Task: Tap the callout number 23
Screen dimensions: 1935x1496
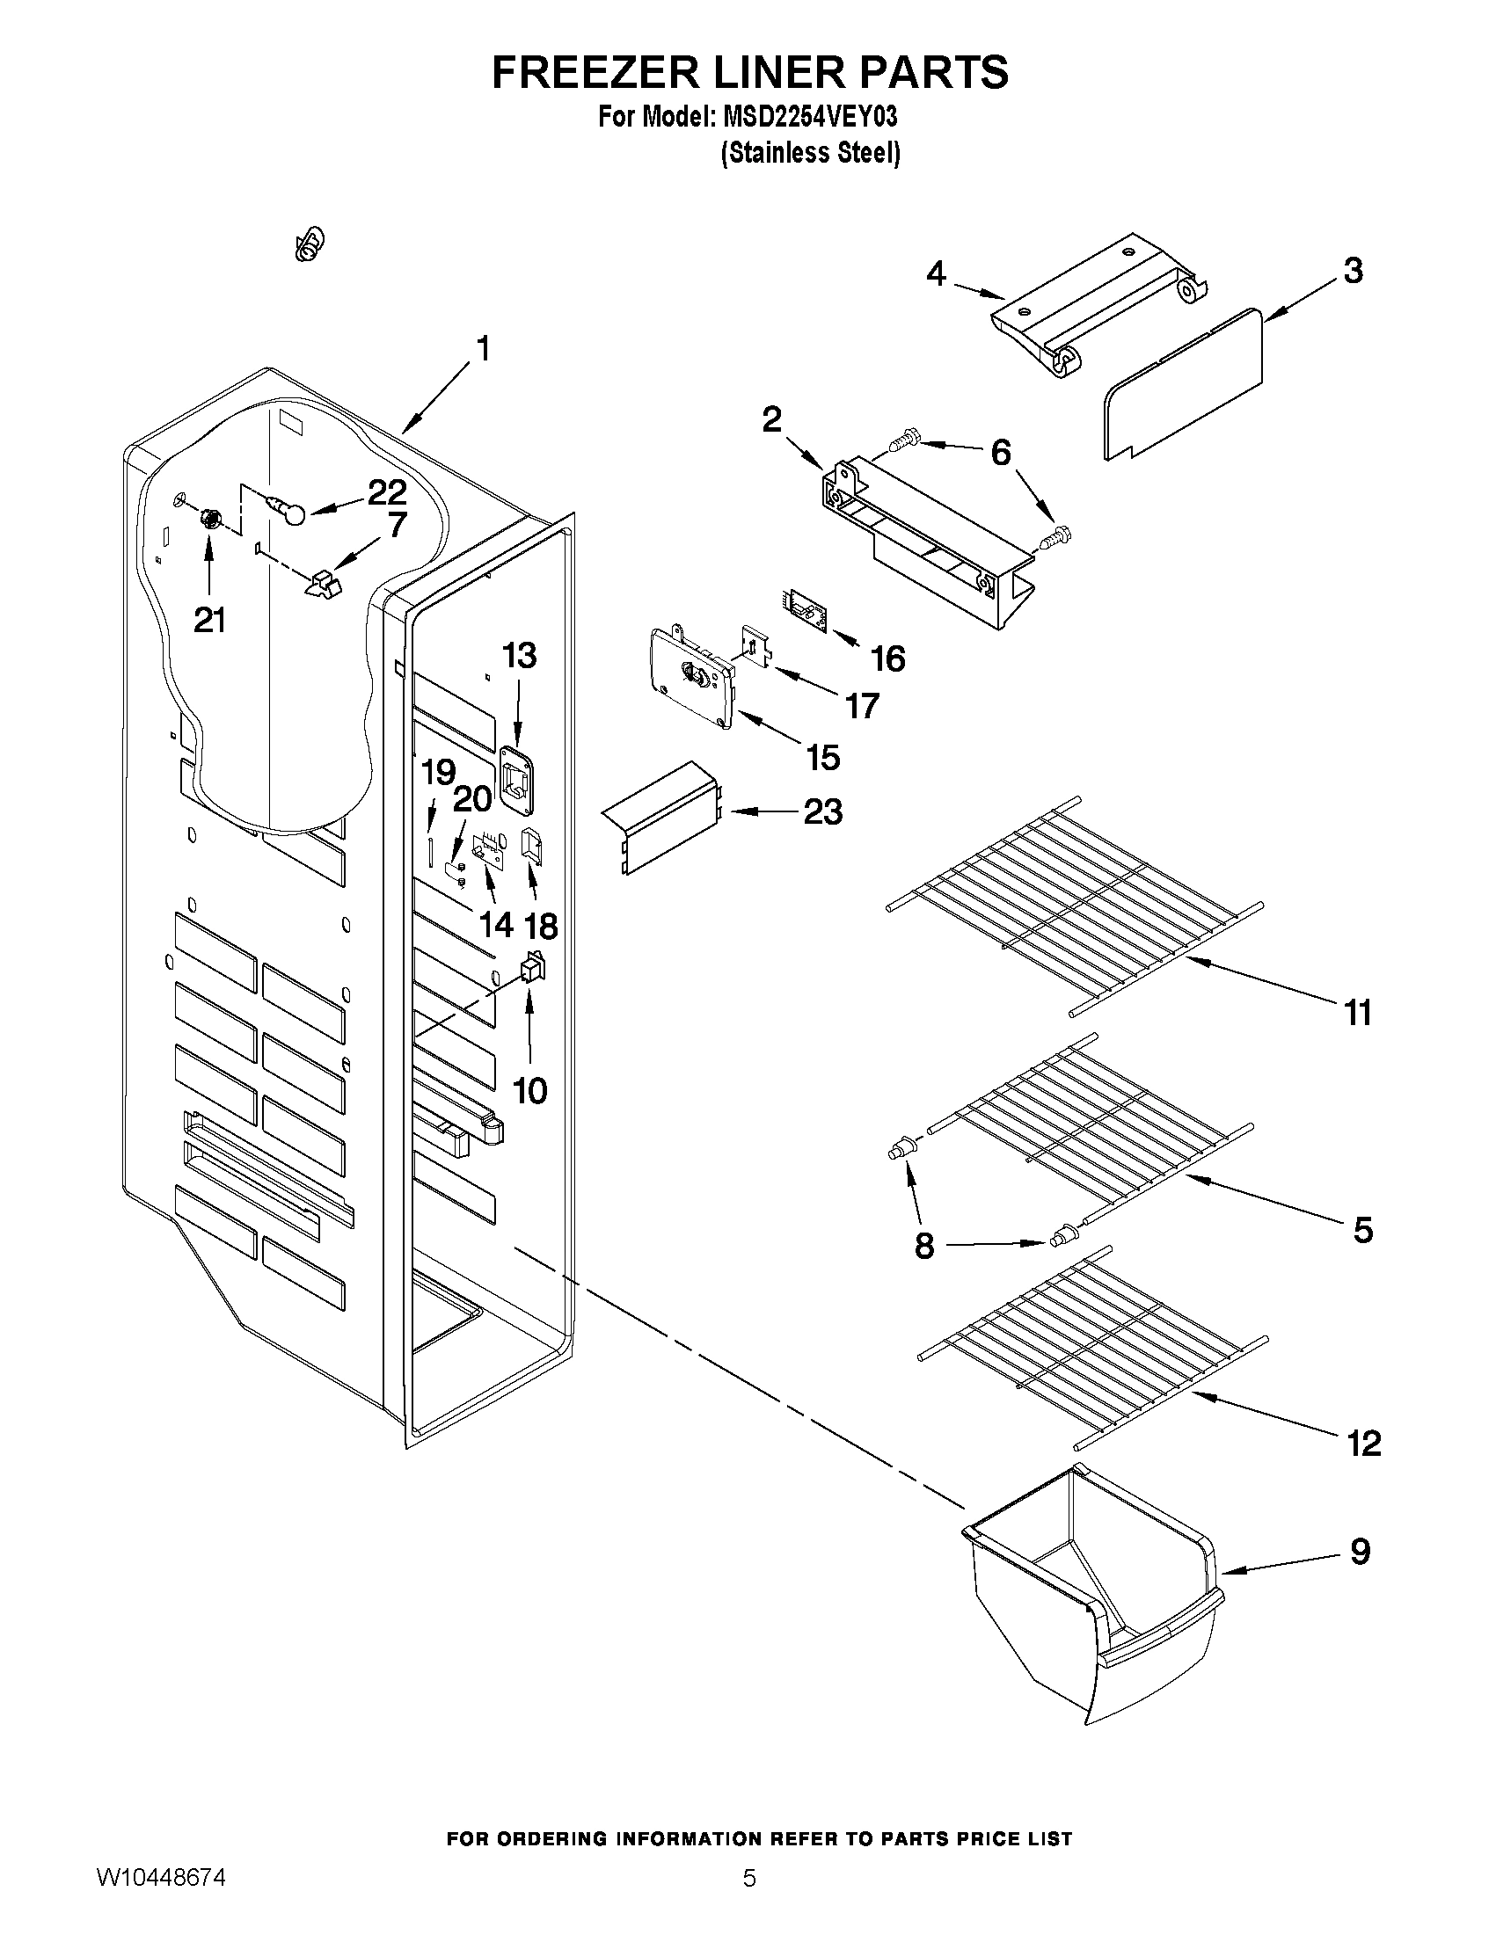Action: pos(822,811)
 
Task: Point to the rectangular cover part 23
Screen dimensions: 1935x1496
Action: pos(660,817)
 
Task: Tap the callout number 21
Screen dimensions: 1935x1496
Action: pos(209,620)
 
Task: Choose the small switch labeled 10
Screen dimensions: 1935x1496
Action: pos(532,969)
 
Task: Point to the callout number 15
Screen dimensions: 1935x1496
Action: pos(822,758)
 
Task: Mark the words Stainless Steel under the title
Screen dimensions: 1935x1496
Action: pos(811,153)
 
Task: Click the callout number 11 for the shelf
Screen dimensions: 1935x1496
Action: pos(1358,1012)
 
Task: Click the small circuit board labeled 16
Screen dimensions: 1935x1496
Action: pos(805,612)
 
